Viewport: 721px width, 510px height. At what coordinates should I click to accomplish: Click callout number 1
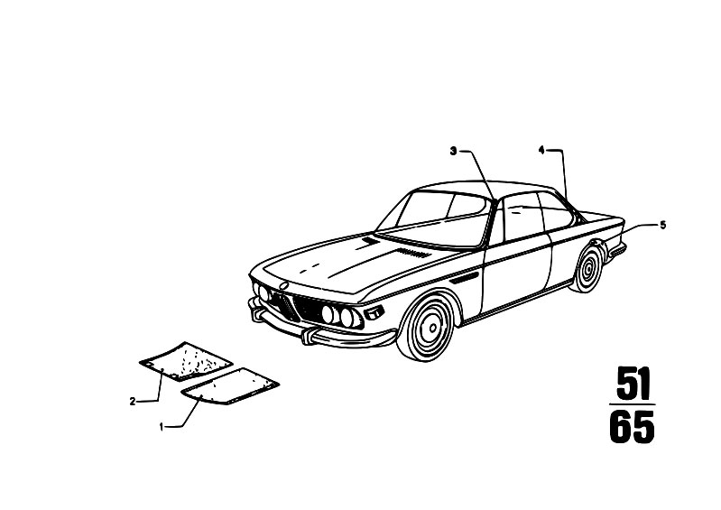(x=162, y=427)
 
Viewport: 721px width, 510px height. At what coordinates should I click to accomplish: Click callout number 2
(x=133, y=402)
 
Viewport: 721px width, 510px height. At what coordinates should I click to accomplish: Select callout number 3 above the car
(x=453, y=151)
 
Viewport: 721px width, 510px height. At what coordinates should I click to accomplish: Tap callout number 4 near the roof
(x=541, y=150)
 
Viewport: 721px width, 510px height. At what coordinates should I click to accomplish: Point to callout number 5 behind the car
(x=662, y=226)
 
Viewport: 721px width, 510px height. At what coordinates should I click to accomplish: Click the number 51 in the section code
(x=633, y=383)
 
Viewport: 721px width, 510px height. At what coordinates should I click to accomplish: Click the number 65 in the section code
(x=632, y=427)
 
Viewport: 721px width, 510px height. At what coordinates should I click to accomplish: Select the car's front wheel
(x=428, y=326)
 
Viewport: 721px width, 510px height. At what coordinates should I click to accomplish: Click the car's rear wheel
(x=587, y=268)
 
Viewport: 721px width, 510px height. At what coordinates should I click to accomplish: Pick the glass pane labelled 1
(x=230, y=386)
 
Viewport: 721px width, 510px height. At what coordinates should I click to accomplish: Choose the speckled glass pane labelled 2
(x=186, y=361)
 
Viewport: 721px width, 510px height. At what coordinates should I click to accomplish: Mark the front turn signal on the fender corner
(x=374, y=312)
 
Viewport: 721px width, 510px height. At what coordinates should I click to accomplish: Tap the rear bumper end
(x=617, y=251)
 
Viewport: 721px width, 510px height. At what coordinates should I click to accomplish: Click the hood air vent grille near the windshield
(x=413, y=252)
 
